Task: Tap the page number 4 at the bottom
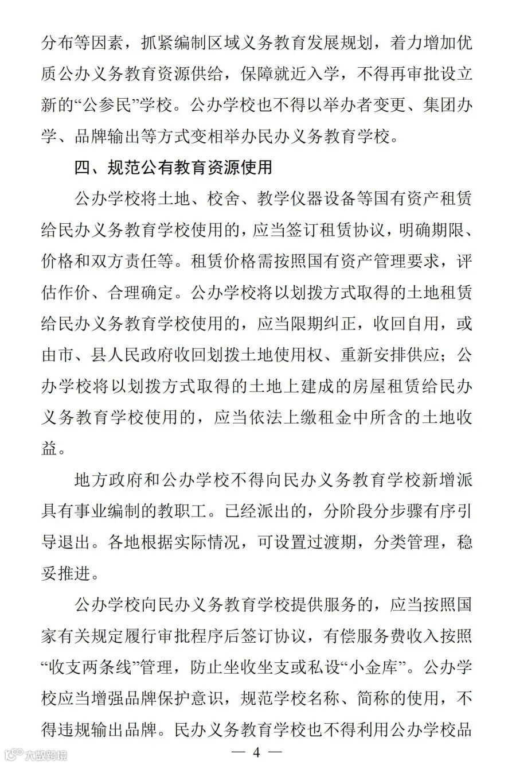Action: pyautogui.click(x=256, y=752)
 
